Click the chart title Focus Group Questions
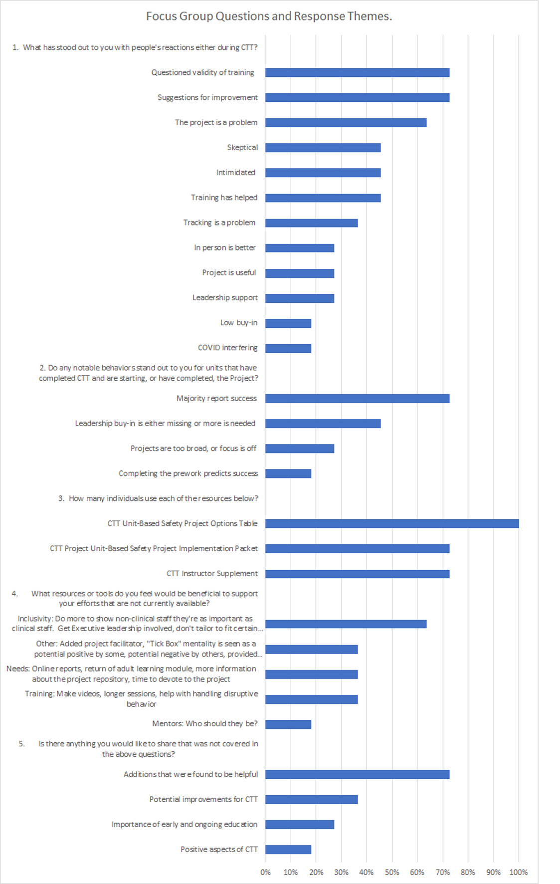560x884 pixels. tap(269, 16)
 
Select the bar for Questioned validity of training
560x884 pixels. tap(357, 73)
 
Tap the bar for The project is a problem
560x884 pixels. tap(346, 123)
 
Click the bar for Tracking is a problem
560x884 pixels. tap(311, 223)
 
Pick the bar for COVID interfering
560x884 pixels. tap(288, 348)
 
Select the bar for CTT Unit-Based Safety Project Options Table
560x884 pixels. tap(392, 523)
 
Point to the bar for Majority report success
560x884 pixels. tap(357, 399)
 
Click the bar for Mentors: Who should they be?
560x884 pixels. tap(288, 724)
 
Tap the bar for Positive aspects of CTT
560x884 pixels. tap(288, 850)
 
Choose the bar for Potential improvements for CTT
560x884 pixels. tap(311, 799)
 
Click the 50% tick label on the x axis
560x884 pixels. tap(392, 872)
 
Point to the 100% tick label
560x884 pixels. tap(518, 872)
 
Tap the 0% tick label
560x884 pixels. tap(265, 872)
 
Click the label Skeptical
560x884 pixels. tap(242, 148)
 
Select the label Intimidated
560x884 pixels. tap(236, 173)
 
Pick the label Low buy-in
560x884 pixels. tap(239, 323)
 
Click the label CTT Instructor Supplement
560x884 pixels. tap(212, 574)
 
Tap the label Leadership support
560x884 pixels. tap(225, 298)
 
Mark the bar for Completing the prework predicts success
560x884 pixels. tap(288, 473)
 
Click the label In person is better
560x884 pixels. tap(225, 248)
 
